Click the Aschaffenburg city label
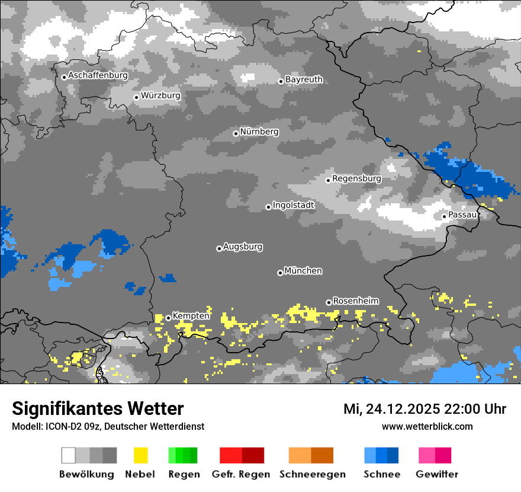pos(98,75)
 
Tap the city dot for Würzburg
pos(136,97)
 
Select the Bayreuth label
pos(304,79)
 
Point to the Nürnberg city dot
pos(236,133)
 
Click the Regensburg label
pos(356,178)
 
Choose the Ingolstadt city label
pos(293,205)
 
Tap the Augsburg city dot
pos(219,248)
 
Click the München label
pos(303,270)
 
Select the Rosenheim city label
pos(355,301)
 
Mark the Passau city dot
pos(444,216)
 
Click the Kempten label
pos(191,315)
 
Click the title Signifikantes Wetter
pos(98,408)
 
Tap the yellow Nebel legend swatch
pos(140,455)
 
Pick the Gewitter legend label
pos(437,474)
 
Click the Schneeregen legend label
pos(313,474)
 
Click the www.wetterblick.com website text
pos(427,426)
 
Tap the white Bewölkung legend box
pos(69,455)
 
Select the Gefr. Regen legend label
pos(241,474)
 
